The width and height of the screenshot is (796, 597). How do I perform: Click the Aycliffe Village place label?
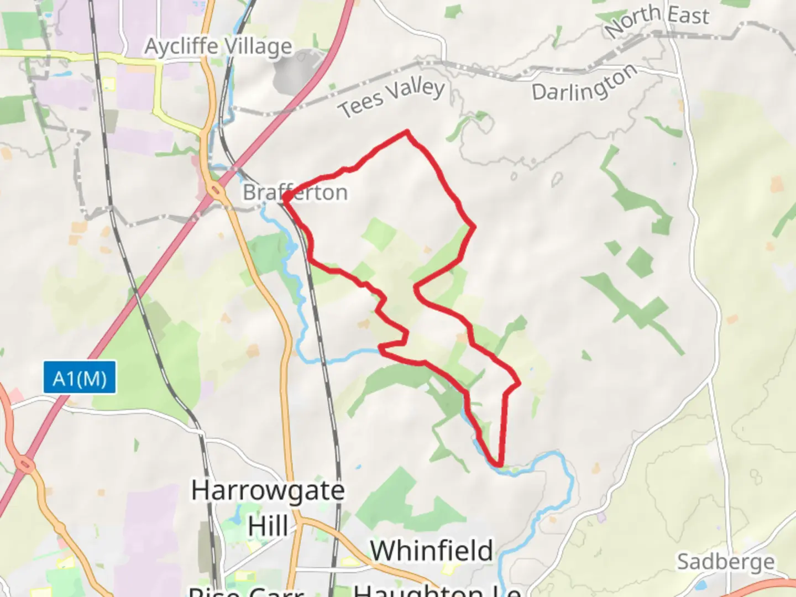[x=218, y=46]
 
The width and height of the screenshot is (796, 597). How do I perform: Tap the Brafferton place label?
[x=296, y=192]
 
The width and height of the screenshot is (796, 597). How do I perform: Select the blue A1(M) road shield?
[x=80, y=378]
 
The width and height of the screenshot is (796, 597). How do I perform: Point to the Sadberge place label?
[x=725, y=562]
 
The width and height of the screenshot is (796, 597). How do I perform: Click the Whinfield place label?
[x=431, y=551]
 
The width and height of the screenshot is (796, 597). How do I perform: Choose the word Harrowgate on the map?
[x=268, y=490]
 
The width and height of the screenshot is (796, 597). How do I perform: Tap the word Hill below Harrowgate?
[x=268, y=526]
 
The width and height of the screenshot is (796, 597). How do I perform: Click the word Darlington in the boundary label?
[x=584, y=84]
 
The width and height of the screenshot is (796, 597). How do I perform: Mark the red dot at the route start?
[x=287, y=196]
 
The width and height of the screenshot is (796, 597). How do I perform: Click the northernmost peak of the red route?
[x=407, y=132]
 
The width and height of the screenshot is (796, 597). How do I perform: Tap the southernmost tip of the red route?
[x=499, y=465]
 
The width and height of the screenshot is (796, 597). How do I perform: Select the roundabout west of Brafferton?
[x=216, y=192]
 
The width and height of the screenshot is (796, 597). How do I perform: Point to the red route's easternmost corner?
[x=519, y=383]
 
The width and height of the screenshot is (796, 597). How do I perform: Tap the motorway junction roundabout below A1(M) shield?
[x=25, y=462]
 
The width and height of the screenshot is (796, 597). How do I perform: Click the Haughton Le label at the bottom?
[x=437, y=590]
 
